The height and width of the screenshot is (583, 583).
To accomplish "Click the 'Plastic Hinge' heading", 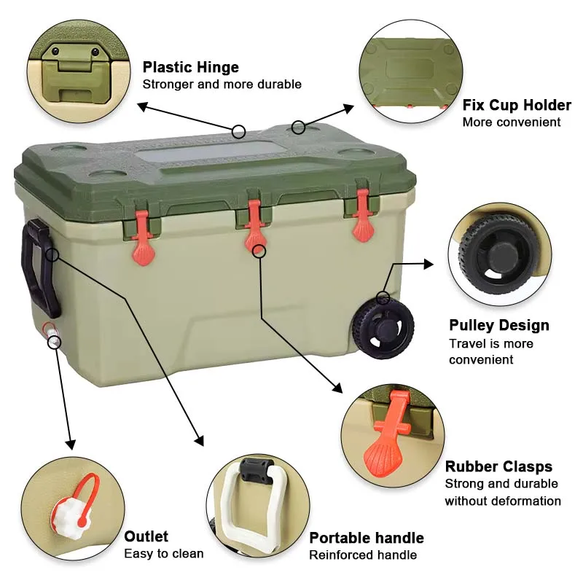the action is click(x=191, y=68).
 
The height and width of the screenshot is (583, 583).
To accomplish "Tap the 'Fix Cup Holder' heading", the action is click(x=517, y=105).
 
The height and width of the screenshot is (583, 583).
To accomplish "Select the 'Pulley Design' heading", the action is click(x=499, y=325).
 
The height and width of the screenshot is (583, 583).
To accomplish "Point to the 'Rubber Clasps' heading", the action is click(x=499, y=466).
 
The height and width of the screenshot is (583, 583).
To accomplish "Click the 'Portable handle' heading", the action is click(x=367, y=538).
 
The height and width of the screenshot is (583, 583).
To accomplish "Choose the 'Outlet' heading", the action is click(x=146, y=536).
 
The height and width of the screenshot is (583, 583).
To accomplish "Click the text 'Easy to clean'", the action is click(x=164, y=554).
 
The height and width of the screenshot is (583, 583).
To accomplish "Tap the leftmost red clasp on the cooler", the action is click(x=143, y=235).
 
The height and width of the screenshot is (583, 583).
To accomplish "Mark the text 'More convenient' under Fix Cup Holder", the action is click(x=512, y=122).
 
